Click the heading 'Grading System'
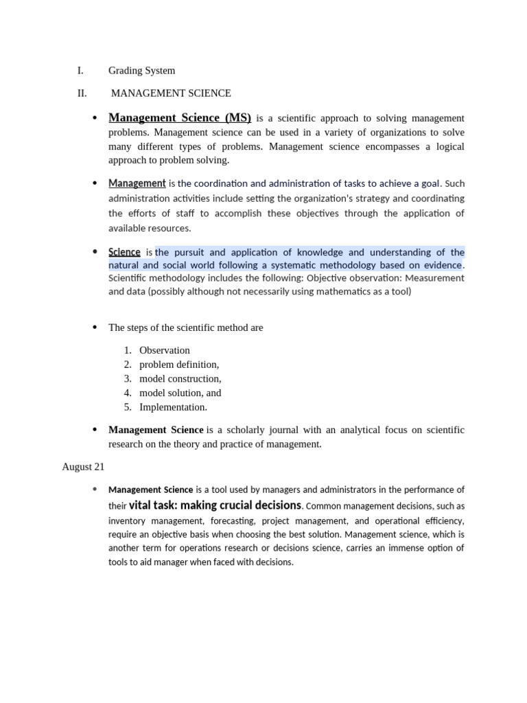click(x=141, y=70)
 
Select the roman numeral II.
click(x=82, y=93)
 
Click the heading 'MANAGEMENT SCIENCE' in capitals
click(x=171, y=93)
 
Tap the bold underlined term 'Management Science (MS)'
click(x=180, y=117)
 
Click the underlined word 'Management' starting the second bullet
click(x=137, y=183)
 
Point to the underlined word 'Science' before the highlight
click(x=124, y=252)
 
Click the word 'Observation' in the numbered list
click(x=165, y=350)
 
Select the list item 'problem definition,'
click(x=179, y=365)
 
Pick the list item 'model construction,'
click(x=180, y=379)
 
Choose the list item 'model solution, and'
click(x=180, y=393)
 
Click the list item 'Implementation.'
click(x=173, y=407)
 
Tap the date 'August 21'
click(x=83, y=467)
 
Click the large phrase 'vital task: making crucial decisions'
click(x=215, y=505)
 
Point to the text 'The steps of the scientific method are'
click(x=185, y=327)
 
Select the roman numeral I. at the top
click(x=80, y=70)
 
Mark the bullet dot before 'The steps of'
click(x=95, y=327)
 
